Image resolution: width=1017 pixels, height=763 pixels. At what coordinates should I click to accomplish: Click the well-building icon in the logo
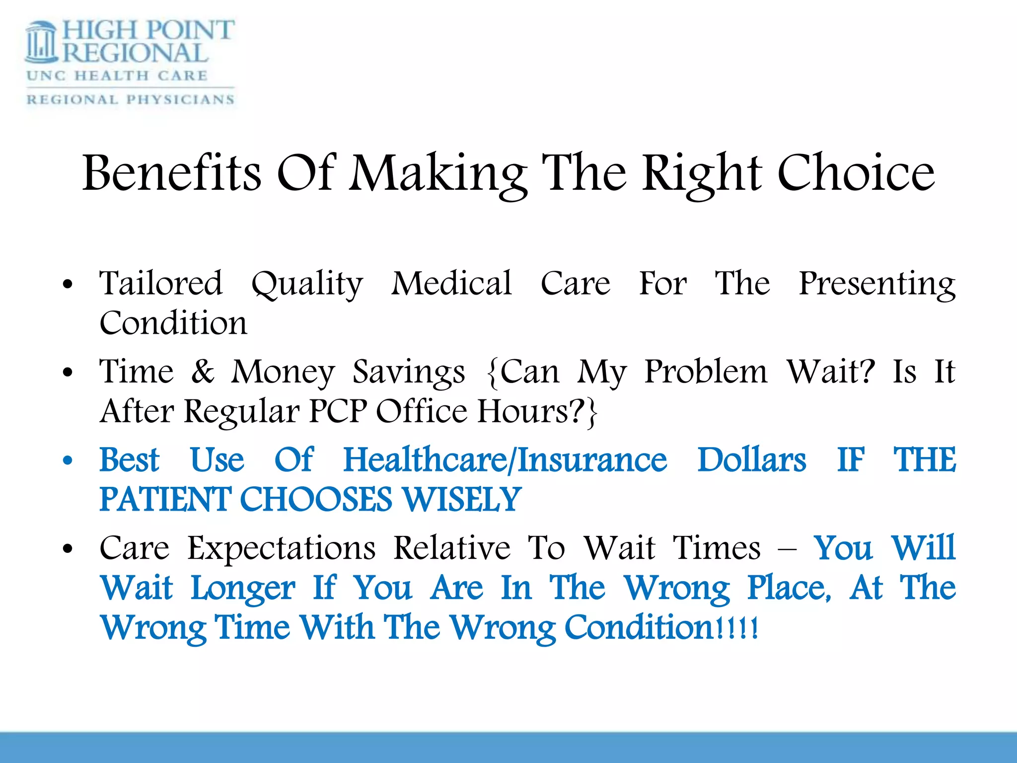pyautogui.click(x=42, y=43)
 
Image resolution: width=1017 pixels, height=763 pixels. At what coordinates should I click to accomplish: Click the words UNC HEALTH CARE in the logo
pyautogui.click(x=117, y=76)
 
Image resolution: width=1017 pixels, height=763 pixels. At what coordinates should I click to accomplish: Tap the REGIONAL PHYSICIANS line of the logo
pyautogui.click(x=130, y=99)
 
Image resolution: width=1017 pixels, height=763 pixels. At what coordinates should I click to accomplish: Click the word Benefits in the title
pyautogui.click(x=171, y=173)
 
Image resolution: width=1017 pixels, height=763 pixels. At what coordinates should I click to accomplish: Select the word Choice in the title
pyautogui.click(x=856, y=173)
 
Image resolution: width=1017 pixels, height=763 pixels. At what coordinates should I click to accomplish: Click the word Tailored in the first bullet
pyautogui.click(x=161, y=284)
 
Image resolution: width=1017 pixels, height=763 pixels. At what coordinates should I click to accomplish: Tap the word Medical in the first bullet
pyautogui.click(x=451, y=284)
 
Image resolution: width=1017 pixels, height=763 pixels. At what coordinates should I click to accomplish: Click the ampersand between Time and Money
pyautogui.click(x=203, y=372)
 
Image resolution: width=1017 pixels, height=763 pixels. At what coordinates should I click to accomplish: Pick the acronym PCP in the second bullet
pyautogui.click(x=338, y=411)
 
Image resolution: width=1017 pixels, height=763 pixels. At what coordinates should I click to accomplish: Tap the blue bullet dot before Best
pyautogui.click(x=68, y=460)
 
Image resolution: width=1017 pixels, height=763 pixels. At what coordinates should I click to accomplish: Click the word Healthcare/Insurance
pyautogui.click(x=505, y=460)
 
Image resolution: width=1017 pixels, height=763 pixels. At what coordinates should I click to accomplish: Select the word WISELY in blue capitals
pyautogui.click(x=462, y=500)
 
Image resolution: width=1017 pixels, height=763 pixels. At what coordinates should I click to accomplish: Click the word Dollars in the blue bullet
pyautogui.click(x=751, y=460)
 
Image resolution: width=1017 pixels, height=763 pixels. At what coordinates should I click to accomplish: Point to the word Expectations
pyautogui.click(x=281, y=548)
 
